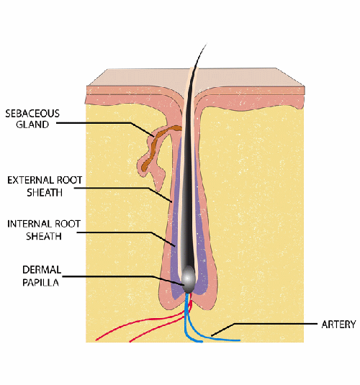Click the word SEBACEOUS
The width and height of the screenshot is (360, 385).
point(32,114)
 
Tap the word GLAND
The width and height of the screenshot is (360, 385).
point(32,124)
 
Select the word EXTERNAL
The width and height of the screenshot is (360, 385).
point(31,180)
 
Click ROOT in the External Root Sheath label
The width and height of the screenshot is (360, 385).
point(69,180)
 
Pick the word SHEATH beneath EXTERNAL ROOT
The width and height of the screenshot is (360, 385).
point(45,193)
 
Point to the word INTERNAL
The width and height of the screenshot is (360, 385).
point(30,224)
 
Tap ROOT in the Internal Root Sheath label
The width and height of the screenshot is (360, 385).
point(68,224)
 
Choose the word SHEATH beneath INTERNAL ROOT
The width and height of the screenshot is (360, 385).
point(44,236)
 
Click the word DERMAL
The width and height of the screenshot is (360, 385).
point(42,270)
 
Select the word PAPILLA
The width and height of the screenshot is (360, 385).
point(41,282)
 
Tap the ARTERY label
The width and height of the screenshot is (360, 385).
point(338,325)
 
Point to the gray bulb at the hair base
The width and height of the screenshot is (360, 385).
point(188,279)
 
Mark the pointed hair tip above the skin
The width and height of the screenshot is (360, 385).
point(206,45)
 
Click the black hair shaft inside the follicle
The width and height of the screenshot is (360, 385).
point(189,172)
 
